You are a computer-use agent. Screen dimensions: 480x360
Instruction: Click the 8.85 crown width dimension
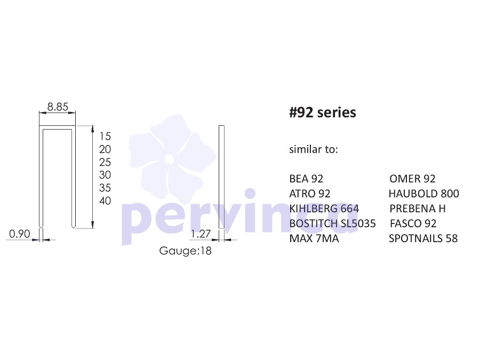tap(58, 107)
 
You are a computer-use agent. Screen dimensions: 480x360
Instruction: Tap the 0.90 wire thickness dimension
tap(20, 234)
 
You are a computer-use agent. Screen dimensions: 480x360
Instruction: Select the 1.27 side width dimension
tap(201, 234)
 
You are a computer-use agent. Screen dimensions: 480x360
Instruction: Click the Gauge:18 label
tap(185, 251)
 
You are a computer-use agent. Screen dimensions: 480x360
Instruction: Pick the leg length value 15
tap(105, 136)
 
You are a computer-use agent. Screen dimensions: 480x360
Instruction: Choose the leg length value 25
tap(105, 162)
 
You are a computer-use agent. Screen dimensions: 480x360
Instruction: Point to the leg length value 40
tap(105, 201)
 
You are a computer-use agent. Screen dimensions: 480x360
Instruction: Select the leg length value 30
tap(105, 175)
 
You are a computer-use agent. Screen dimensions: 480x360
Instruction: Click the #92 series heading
tap(323, 113)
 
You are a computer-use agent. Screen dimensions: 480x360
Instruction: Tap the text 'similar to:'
tap(314, 149)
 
